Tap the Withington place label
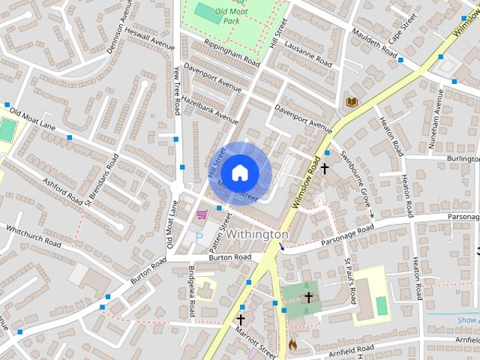pyautogui.click(x=256, y=235)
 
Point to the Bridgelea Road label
pyautogui.click(x=193, y=290)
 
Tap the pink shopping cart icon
pyautogui.click(x=201, y=214)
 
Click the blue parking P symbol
pyautogui.click(x=199, y=236)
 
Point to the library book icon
pyautogui.click(x=351, y=101)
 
